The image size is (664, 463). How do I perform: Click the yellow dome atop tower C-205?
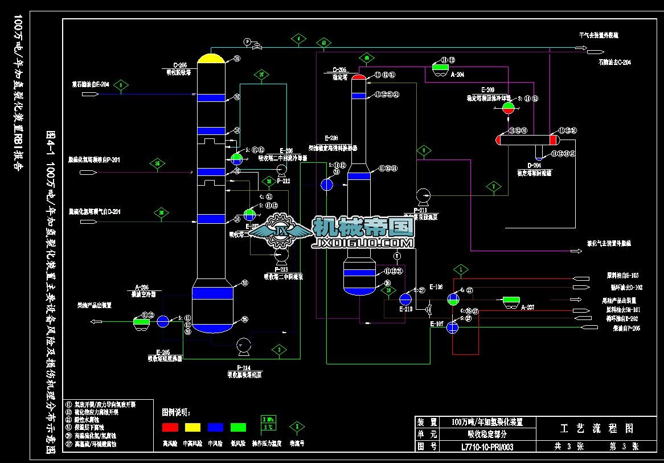point(211,58)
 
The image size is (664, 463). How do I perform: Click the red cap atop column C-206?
point(358,77)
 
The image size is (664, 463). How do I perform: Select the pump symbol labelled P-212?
point(281,169)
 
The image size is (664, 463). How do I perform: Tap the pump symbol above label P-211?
point(423,196)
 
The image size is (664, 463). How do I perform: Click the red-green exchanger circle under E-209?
point(508,106)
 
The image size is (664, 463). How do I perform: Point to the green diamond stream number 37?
point(261,74)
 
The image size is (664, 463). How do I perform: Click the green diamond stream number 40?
point(323,43)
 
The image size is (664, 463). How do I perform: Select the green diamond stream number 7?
point(494,186)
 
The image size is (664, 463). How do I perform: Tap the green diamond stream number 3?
point(278,350)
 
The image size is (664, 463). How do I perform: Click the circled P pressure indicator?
point(247,41)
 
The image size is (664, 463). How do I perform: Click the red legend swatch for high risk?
point(170,427)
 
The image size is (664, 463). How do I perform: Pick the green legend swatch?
point(238,427)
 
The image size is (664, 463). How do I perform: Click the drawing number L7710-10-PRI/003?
point(487,448)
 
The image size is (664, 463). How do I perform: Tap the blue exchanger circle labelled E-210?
point(405,299)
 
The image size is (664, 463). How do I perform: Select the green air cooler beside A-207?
point(510,300)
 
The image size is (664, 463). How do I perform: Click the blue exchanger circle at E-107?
point(453,327)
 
